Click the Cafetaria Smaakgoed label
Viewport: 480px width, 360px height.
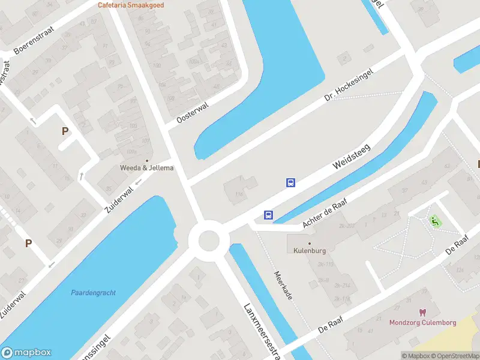[131, 5]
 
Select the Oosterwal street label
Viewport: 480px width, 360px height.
[193, 113]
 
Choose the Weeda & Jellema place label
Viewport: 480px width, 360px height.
[146, 167]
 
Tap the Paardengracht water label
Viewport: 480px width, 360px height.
[93, 293]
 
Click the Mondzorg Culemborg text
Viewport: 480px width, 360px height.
[422, 322]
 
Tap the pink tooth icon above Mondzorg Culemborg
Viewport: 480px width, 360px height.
[422, 313]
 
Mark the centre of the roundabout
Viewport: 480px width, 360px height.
[209, 241]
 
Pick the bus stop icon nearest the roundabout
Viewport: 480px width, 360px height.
[268, 215]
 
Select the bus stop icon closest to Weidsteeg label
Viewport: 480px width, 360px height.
[290, 183]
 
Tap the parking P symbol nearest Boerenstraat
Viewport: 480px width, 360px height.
[65, 131]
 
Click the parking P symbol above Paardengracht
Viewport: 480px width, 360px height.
[28, 243]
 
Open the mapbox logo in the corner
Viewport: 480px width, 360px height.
[26, 352]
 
